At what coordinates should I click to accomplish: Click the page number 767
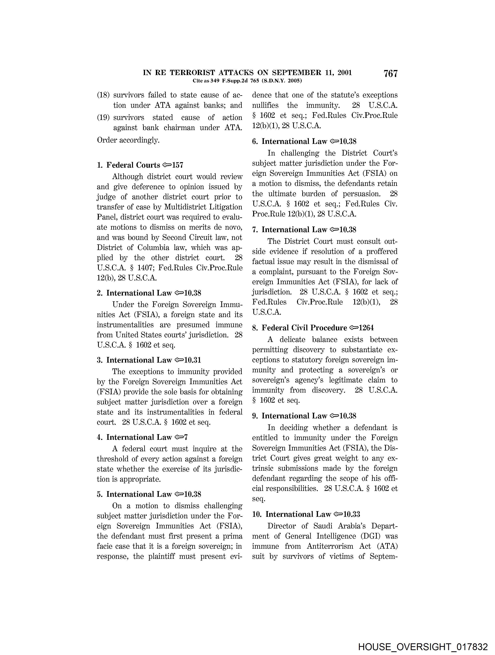(x=390, y=73)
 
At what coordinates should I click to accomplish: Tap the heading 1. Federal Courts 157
(x=140, y=165)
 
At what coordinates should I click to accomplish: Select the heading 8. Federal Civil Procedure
(x=304, y=328)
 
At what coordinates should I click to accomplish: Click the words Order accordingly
(x=128, y=140)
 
